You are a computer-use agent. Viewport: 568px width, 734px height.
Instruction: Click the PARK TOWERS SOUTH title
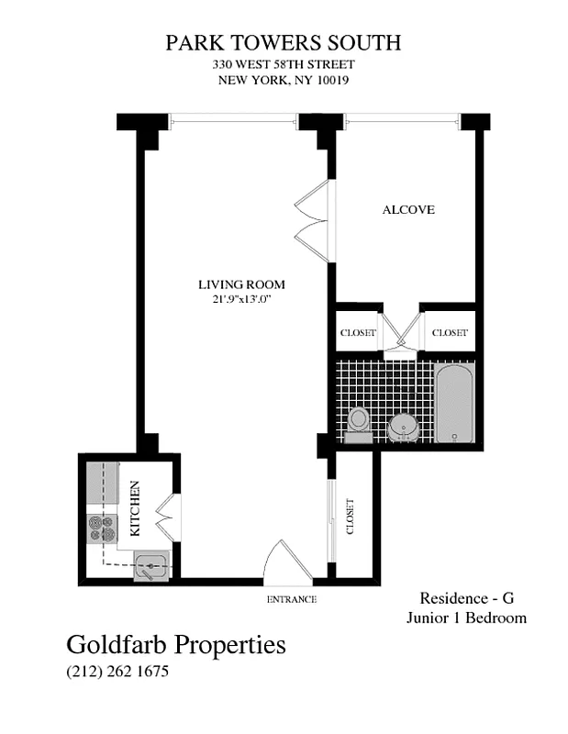[x=283, y=43]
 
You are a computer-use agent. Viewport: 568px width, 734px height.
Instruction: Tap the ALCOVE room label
[x=408, y=210]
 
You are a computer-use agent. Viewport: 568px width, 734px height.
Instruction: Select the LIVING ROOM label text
[x=241, y=284]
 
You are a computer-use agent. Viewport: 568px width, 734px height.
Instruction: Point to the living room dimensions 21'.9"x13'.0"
[x=241, y=300]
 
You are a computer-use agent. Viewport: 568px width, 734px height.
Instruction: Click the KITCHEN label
[x=134, y=508]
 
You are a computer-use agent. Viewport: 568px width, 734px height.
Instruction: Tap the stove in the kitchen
[x=102, y=528]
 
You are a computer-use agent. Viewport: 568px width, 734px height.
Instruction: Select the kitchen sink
[x=150, y=567]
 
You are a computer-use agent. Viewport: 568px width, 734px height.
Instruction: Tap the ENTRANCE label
[x=291, y=599]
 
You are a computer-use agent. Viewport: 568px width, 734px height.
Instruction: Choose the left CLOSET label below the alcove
[x=358, y=333]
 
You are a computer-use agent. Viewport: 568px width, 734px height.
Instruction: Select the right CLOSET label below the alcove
[x=450, y=333]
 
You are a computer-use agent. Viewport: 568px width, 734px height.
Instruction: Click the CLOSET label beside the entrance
[x=351, y=517]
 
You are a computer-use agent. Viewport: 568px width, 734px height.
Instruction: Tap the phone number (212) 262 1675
[x=117, y=672]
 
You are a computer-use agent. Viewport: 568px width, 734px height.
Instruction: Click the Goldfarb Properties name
[x=176, y=645]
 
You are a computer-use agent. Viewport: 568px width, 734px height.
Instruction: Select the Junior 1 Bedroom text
[x=466, y=617]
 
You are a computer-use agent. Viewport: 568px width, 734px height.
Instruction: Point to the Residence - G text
[x=466, y=596]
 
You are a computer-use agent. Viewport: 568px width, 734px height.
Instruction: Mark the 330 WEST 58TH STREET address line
[x=283, y=64]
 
